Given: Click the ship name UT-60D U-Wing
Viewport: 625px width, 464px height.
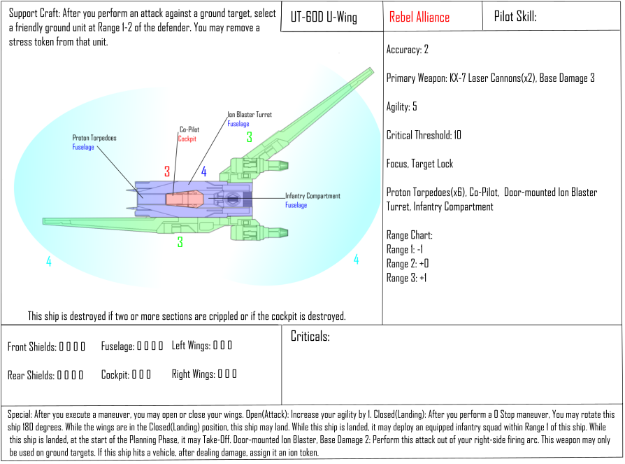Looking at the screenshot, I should pyautogui.click(x=323, y=17).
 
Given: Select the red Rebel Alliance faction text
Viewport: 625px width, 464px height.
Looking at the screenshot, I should pyautogui.click(x=419, y=17).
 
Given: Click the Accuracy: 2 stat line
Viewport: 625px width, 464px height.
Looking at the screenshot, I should pyautogui.click(x=407, y=50).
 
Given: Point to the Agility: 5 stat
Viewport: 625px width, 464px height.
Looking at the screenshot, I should pyautogui.click(x=402, y=107).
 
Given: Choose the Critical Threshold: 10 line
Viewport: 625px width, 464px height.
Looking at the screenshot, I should pyautogui.click(x=424, y=135).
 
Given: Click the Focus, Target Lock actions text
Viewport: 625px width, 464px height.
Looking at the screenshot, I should pyautogui.click(x=419, y=164).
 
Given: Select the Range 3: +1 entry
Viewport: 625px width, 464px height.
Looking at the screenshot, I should pyautogui.click(x=407, y=278).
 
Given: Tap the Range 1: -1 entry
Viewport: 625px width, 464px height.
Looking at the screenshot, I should pyautogui.click(x=405, y=250).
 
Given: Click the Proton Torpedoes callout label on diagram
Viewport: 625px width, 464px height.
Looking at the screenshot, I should pyautogui.click(x=94, y=138).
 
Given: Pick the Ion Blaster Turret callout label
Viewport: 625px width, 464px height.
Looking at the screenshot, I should pyautogui.click(x=250, y=115).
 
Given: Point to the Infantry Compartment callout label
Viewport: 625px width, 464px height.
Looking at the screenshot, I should pyautogui.click(x=312, y=196).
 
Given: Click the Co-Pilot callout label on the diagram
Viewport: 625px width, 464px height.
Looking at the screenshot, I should pyautogui.click(x=190, y=129).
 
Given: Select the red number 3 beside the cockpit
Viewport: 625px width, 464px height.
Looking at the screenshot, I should pyautogui.click(x=167, y=171).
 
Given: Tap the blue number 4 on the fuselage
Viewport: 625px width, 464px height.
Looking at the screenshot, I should pyautogui.click(x=204, y=171).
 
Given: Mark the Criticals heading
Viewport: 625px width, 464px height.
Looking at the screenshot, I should pyautogui.click(x=310, y=337).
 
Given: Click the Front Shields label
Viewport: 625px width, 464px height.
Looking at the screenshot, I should pyautogui.click(x=31, y=347).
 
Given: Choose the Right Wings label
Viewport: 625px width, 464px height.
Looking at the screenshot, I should pyautogui.click(x=192, y=374).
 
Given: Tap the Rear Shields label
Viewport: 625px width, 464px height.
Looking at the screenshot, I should pyautogui.click(x=31, y=375).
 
